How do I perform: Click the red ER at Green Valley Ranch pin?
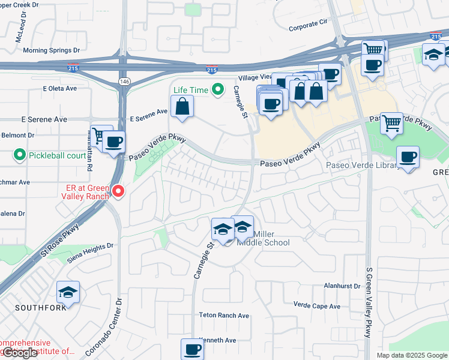[119, 191]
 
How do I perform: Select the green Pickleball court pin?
[19, 156]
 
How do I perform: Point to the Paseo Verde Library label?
[362, 166]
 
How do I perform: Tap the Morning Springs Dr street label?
[51, 50]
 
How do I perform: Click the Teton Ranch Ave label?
[224, 315]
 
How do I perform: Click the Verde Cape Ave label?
[317, 306]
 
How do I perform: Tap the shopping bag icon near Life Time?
[182, 107]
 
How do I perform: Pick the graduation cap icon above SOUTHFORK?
[68, 293]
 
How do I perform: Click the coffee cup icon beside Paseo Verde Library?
[408, 157]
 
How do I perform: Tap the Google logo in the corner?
[20, 353]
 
